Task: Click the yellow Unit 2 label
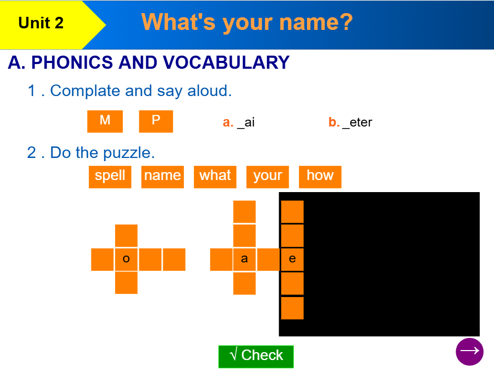click(41, 23)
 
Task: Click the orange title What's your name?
click(247, 22)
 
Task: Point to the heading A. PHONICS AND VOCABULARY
click(149, 62)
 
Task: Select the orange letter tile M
click(105, 121)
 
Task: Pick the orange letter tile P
click(156, 121)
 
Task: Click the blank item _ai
click(246, 123)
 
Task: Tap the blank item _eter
click(357, 123)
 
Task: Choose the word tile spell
click(110, 176)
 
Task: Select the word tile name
click(162, 176)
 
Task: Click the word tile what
click(215, 176)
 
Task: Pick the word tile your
click(267, 176)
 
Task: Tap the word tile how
click(320, 176)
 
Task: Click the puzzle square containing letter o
click(126, 259)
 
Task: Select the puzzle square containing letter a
click(244, 259)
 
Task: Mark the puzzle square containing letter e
click(292, 259)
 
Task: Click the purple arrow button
click(469, 351)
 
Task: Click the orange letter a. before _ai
click(228, 123)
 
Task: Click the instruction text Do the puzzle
click(102, 153)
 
